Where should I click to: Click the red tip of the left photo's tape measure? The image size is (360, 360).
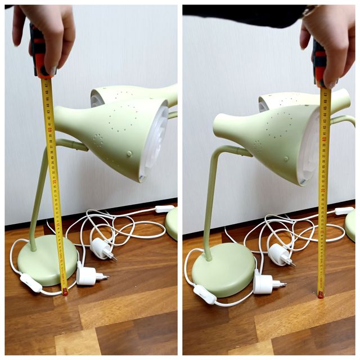pyautogui.click(x=65, y=292)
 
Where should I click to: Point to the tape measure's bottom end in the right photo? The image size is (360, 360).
pyautogui.click(x=320, y=294)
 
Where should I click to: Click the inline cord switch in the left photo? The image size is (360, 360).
pyautogui.click(x=30, y=283)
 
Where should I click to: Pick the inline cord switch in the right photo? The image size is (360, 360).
pyautogui.click(x=205, y=294)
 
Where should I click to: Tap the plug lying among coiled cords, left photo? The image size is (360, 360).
pyautogui.click(x=102, y=248)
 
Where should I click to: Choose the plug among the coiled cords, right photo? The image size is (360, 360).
pyautogui.click(x=280, y=254)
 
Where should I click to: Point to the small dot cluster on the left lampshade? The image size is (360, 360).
pyautogui.click(x=98, y=140)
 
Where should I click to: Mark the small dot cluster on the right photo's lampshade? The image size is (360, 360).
pyautogui.click(x=258, y=145)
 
